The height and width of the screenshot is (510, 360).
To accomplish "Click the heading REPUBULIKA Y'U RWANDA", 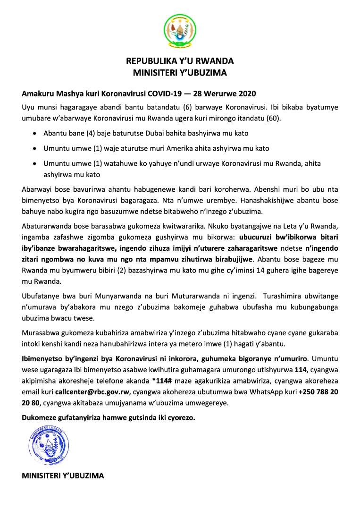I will click(x=180, y=61).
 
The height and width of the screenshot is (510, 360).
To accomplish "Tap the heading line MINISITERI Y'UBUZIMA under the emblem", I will click(x=180, y=73).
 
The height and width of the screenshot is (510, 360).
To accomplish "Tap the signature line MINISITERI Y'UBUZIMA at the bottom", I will click(x=63, y=475).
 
